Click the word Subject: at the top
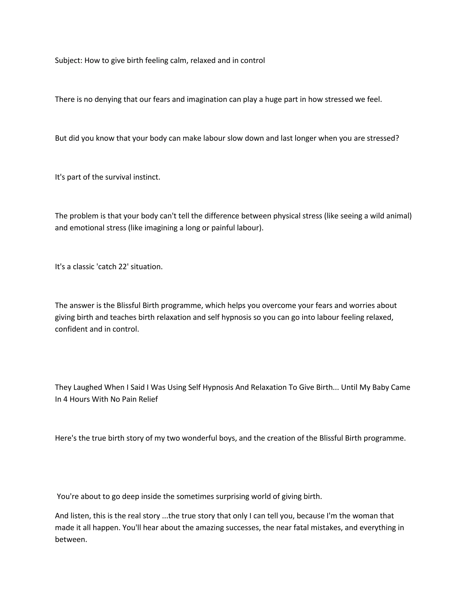(x=69, y=60)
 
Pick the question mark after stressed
(x=397, y=138)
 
